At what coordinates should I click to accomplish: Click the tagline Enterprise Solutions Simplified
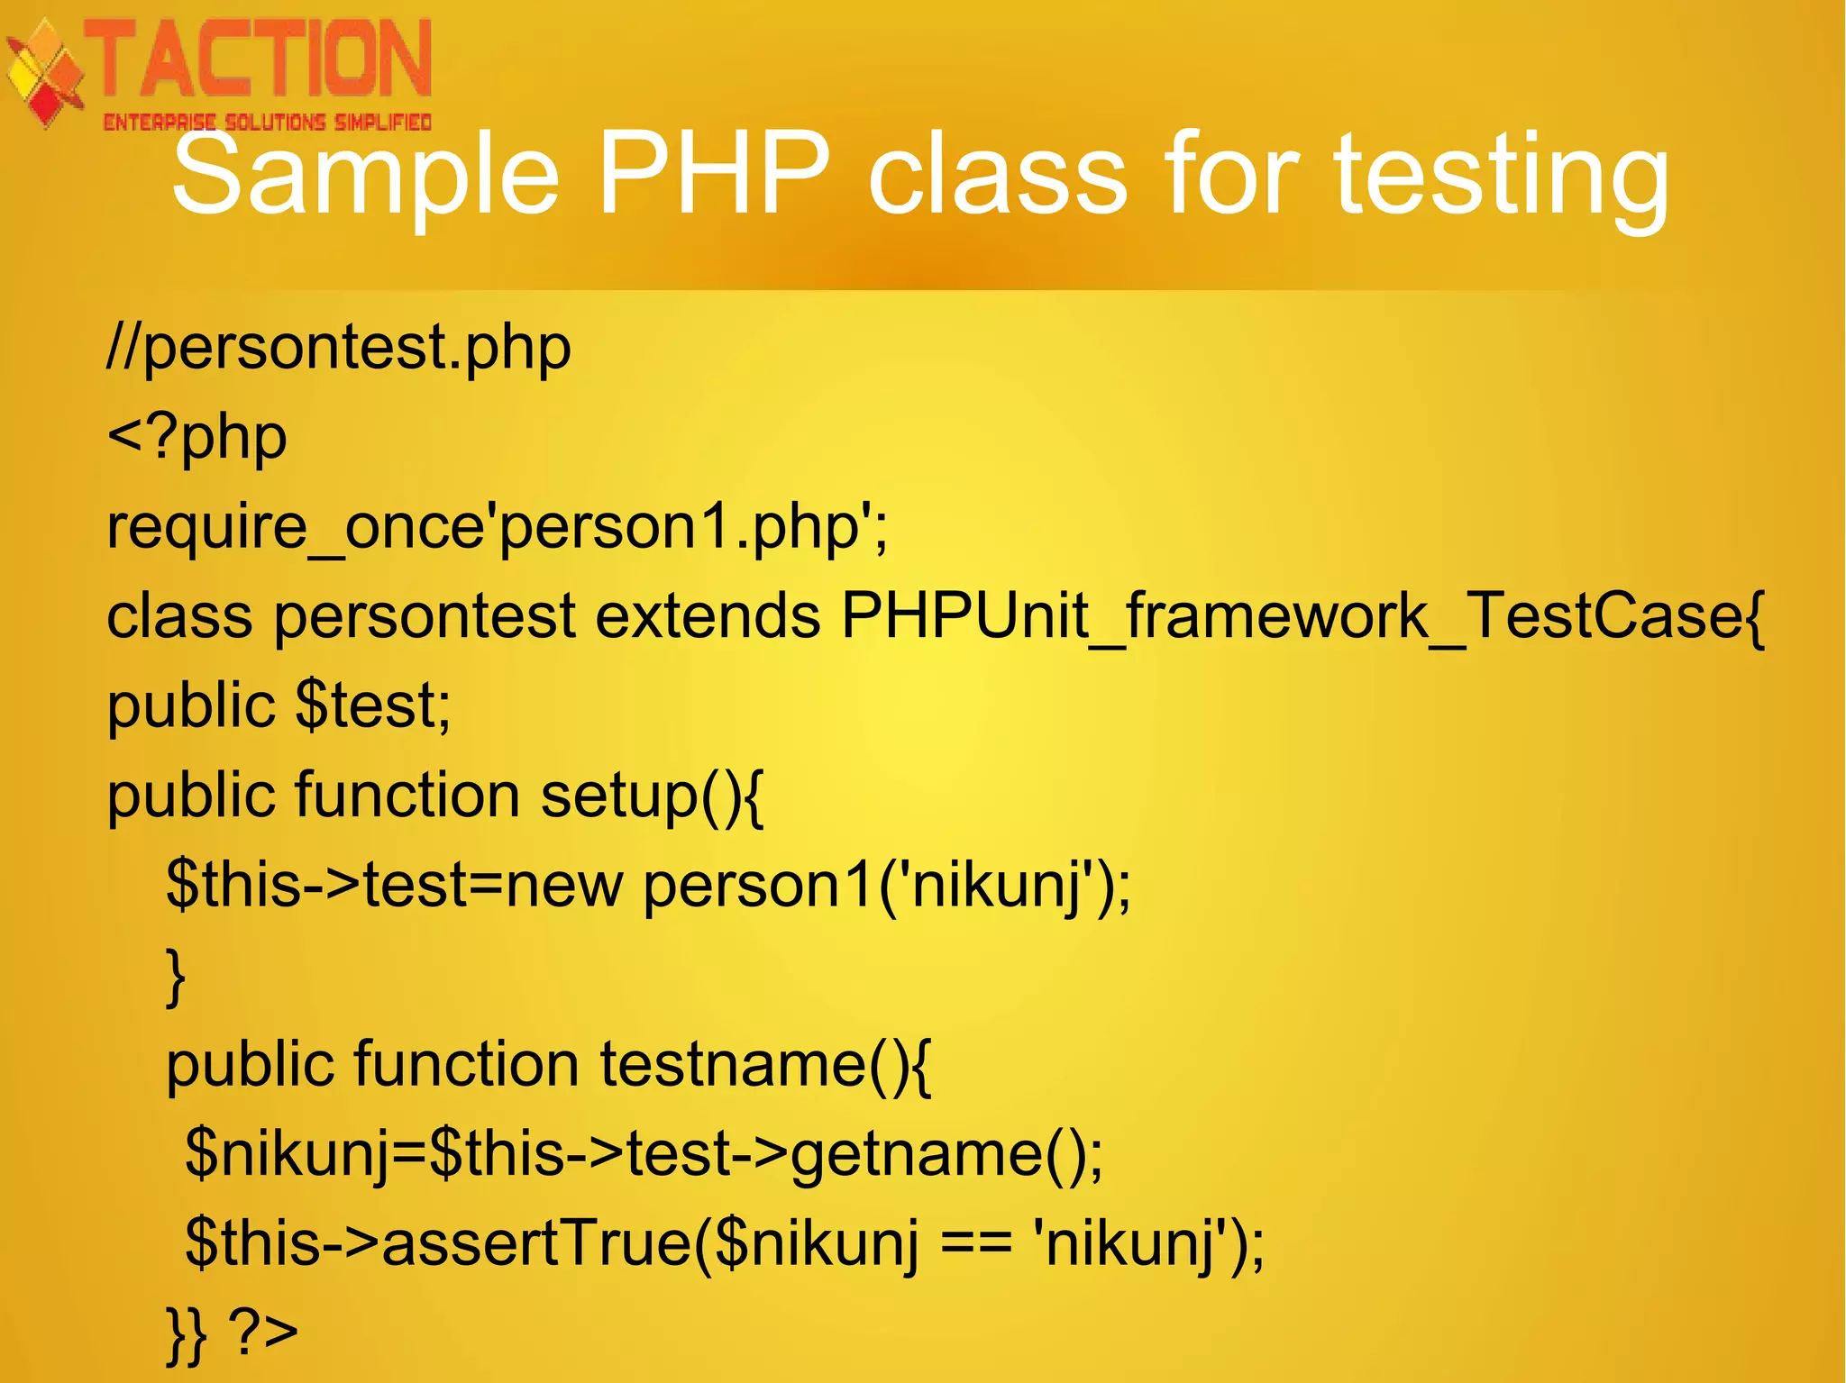[267, 122]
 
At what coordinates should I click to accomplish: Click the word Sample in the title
[365, 176]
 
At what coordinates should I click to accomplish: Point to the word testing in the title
[1501, 176]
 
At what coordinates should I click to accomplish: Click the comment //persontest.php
[339, 348]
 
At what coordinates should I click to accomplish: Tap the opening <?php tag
[196, 438]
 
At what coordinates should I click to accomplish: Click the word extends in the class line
[708, 616]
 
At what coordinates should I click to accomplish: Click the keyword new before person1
[563, 885]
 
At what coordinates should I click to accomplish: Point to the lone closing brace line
[177, 976]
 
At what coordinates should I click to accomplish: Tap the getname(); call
[946, 1154]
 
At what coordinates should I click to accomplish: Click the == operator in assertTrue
[976, 1243]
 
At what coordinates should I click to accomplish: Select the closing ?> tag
[262, 1332]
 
